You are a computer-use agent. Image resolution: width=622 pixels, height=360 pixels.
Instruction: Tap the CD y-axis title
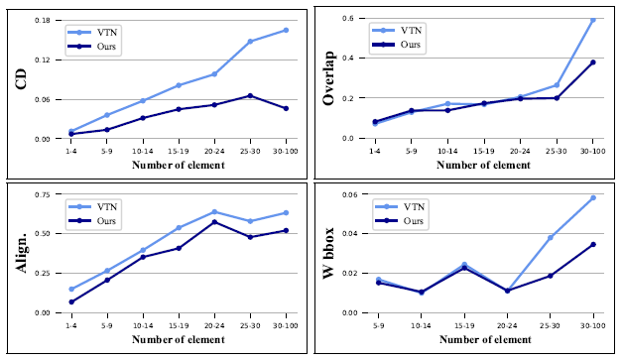pos(20,79)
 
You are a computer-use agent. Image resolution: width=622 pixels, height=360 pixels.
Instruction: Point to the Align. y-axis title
pos(20,254)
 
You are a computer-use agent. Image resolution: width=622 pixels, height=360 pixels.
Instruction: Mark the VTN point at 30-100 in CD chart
pos(286,30)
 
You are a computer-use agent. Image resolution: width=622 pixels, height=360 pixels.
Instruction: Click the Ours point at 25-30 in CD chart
pos(250,95)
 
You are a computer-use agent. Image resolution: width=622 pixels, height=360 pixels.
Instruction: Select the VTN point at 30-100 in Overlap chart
pos(593,20)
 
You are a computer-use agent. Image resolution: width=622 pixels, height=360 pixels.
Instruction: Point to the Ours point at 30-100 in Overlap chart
pos(593,62)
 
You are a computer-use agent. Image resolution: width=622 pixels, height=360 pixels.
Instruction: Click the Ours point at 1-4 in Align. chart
pos(71,301)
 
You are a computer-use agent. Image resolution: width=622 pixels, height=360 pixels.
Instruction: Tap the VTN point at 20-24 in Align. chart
pos(214,211)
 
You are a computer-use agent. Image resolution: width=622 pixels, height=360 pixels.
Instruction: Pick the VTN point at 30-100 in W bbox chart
pos(593,197)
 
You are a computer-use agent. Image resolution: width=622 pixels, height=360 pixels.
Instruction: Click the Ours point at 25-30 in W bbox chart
pos(551,276)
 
